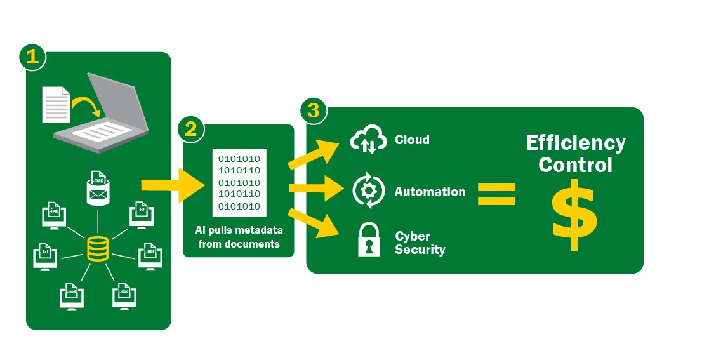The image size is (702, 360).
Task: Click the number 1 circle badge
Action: coord(32,57)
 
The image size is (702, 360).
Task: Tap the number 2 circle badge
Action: coord(190,130)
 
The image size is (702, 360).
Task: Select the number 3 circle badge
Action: coord(313,110)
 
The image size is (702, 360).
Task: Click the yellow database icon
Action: coord(97,248)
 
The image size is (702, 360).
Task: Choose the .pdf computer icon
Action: coord(149,256)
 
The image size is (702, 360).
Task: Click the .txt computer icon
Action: coord(45,256)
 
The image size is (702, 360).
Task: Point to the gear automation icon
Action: coord(369,192)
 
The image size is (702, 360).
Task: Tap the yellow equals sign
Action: coord(496,194)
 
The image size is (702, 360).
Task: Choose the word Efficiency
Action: coord(576,143)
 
